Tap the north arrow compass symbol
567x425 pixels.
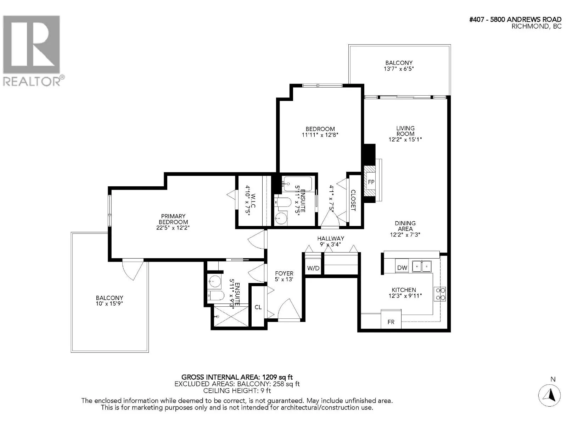click(549, 395)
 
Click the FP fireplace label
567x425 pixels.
click(371, 182)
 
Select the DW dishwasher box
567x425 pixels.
click(402, 268)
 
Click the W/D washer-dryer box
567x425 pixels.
click(313, 268)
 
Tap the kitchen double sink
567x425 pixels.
click(422, 266)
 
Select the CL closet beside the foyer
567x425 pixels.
click(258, 307)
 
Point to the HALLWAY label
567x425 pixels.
click(331, 238)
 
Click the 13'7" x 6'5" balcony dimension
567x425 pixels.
click(399, 69)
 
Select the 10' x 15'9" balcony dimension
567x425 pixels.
click(109, 304)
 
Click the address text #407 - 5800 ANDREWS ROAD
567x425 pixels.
click(515, 19)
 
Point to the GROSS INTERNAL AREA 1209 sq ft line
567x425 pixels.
click(237, 377)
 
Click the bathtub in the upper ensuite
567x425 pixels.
click(297, 183)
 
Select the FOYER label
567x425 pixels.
click(284, 273)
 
